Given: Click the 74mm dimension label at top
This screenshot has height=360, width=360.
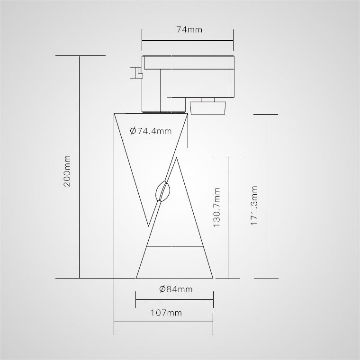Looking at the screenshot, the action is click(x=189, y=30).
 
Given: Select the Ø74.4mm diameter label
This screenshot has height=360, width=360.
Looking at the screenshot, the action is click(x=151, y=131).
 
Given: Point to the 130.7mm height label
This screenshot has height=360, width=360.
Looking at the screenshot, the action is click(x=216, y=207).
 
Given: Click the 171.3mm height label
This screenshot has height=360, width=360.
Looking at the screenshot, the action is click(x=254, y=206).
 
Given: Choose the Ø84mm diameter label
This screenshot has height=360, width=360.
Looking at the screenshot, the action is click(x=176, y=289).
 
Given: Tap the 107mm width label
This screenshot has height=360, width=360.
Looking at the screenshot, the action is click(x=166, y=313).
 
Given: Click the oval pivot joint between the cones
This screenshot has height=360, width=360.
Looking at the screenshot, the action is click(x=163, y=191).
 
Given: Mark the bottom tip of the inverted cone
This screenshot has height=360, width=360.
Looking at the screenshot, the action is click(x=149, y=226).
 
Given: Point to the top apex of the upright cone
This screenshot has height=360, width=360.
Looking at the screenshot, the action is click(x=176, y=157).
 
